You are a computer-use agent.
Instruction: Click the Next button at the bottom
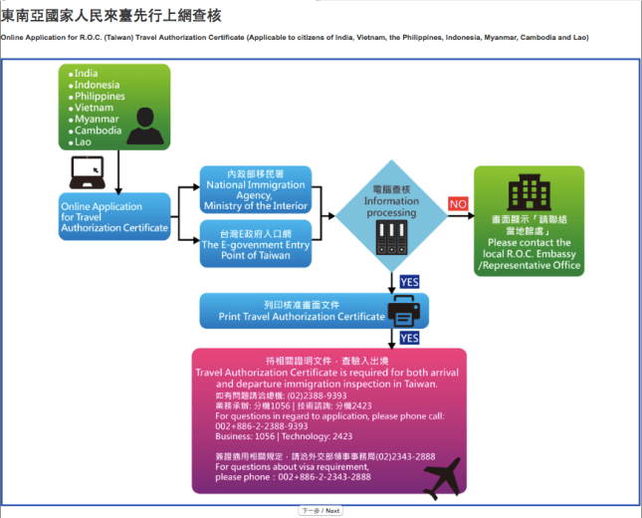click(321, 510)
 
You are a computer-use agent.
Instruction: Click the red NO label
click(458, 203)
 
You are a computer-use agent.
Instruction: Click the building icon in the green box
click(529, 194)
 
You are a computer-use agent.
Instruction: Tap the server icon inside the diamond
click(391, 234)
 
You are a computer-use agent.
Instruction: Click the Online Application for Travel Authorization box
click(114, 216)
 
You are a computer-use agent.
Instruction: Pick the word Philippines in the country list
click(100, 97)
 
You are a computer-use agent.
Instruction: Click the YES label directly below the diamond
click(410, 282)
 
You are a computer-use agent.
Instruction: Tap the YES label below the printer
click(410, 339)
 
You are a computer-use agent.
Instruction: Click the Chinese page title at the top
click(111, 16)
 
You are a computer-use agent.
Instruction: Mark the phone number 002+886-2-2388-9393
click(262, 425)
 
